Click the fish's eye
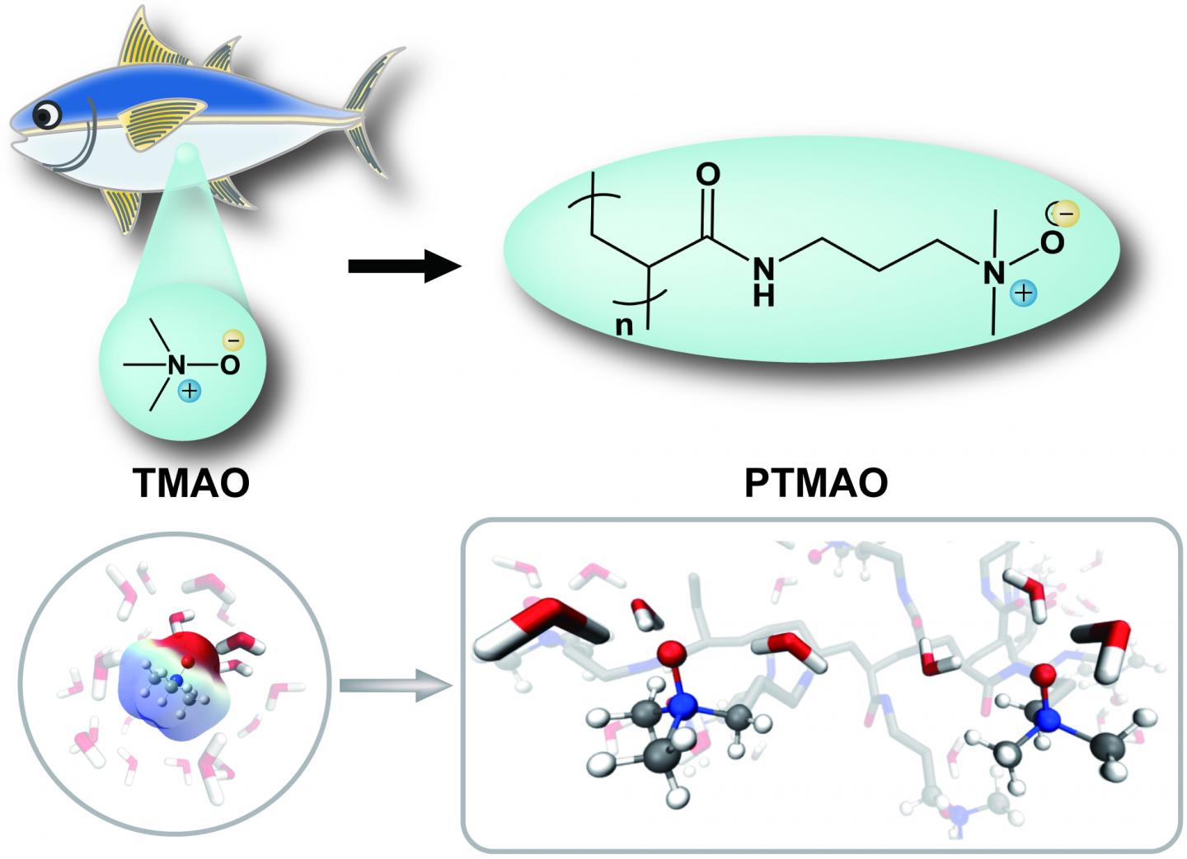coord(49,115)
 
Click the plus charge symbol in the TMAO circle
coord(190,390)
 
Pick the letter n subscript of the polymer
coord(625,325)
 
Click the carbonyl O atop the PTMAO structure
coord(708,175)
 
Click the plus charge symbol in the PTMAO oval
coord(1025,291)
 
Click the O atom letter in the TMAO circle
coord(230,364)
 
